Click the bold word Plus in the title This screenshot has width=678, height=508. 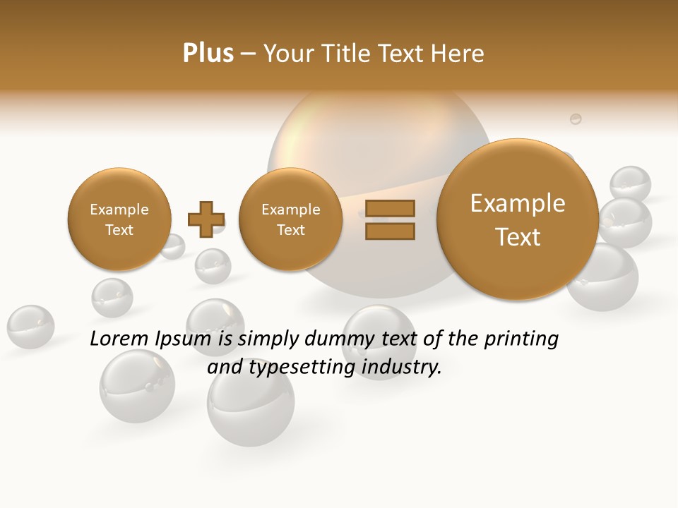click(x=208, y=54)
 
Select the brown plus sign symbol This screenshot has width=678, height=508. click(x=206, y=219)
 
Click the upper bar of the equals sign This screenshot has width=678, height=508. click(x=389, y=208)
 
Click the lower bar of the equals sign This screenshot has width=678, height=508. click(x=389, y=231)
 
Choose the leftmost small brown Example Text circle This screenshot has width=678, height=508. click(x=119, y=219)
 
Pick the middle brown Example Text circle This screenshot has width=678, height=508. click(x=290, y=219)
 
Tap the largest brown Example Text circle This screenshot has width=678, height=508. click(x=518, y=219)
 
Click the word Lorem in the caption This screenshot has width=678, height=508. click(x=120, y=339)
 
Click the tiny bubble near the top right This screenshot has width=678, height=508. click(x=576, y=119)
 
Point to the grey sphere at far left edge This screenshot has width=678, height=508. click(x=30, y=327)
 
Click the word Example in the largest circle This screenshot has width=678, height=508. click(x=518, y=203)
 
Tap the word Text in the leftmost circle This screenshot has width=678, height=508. click(x=119, y=230)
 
